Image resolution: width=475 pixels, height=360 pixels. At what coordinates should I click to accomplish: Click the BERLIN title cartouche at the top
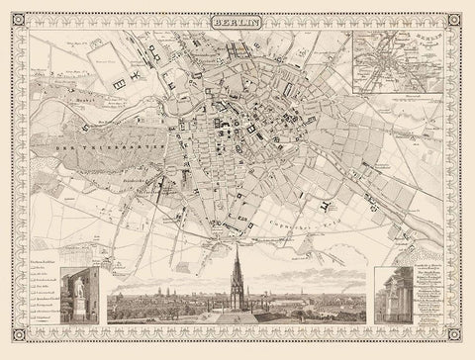[237, 20]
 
